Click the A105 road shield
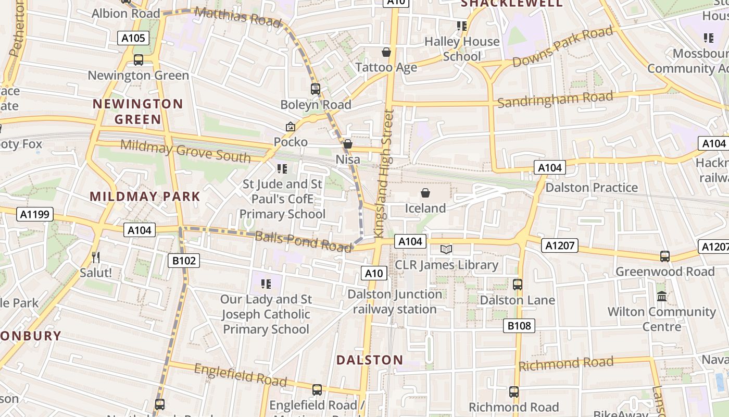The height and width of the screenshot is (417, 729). tap(133, 38)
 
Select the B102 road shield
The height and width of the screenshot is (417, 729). tap(184, 260)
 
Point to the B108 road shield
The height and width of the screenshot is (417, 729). tap(519, 326)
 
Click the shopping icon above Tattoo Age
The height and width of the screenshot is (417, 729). tap(386, 52)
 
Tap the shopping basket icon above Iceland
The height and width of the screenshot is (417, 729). tap(425, 193)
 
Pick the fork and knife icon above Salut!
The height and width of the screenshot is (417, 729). tap(96, 257)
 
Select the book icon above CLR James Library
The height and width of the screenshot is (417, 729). tap(446, 249)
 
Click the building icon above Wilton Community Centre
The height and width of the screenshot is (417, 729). tap(662, 296)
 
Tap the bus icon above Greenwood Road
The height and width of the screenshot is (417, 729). tap(665, 256)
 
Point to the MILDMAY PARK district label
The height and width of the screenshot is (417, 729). tap(145, 197)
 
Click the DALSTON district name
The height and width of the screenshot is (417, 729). tap(370, 360)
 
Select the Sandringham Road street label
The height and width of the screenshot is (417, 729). tap(555, 99)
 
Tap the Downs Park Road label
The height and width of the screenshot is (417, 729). tap(562, 47)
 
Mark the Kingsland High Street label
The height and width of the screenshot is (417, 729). tap(383, 172)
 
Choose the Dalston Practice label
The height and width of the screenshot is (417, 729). tap(591, 187)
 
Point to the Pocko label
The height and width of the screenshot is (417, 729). tap(291, 142)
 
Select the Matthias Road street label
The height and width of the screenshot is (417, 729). tap(237, 16)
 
